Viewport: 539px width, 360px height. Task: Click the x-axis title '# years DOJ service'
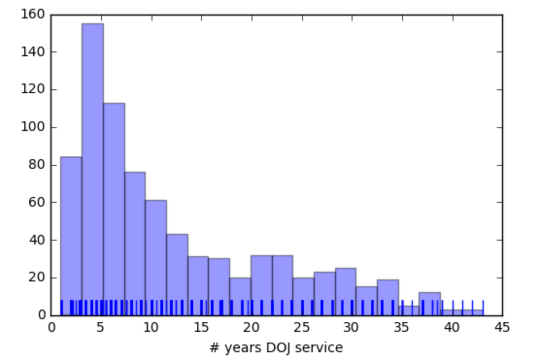click(x=276, y=347)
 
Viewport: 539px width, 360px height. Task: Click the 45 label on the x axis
click(x=502, y=327)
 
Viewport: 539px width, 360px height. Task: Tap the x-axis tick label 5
click(x=101, y=327)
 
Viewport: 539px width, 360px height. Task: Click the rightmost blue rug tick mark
click(x=483, y=308)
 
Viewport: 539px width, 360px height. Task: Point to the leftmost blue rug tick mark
click(x=62, y=308)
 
